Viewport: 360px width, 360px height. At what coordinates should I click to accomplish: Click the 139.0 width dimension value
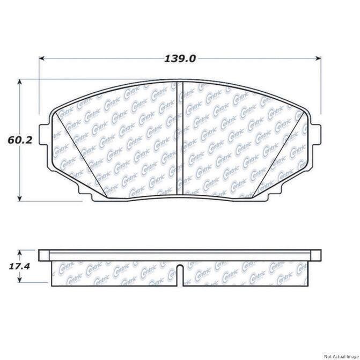180,59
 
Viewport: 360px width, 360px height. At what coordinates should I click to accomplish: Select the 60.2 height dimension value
20,140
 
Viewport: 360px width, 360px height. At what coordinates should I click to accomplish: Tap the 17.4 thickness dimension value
19,266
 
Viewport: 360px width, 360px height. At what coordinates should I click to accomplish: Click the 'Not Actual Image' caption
341,356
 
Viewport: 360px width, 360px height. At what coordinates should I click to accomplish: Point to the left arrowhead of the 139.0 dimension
41,58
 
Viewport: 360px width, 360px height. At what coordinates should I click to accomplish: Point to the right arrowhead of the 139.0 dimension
319,58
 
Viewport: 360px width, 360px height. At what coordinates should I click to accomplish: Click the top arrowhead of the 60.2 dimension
20,82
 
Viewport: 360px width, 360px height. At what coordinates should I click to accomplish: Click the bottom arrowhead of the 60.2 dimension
20,199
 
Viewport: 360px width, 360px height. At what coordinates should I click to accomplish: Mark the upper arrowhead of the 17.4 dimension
20,253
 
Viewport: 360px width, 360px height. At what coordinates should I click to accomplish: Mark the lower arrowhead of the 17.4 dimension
20,280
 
